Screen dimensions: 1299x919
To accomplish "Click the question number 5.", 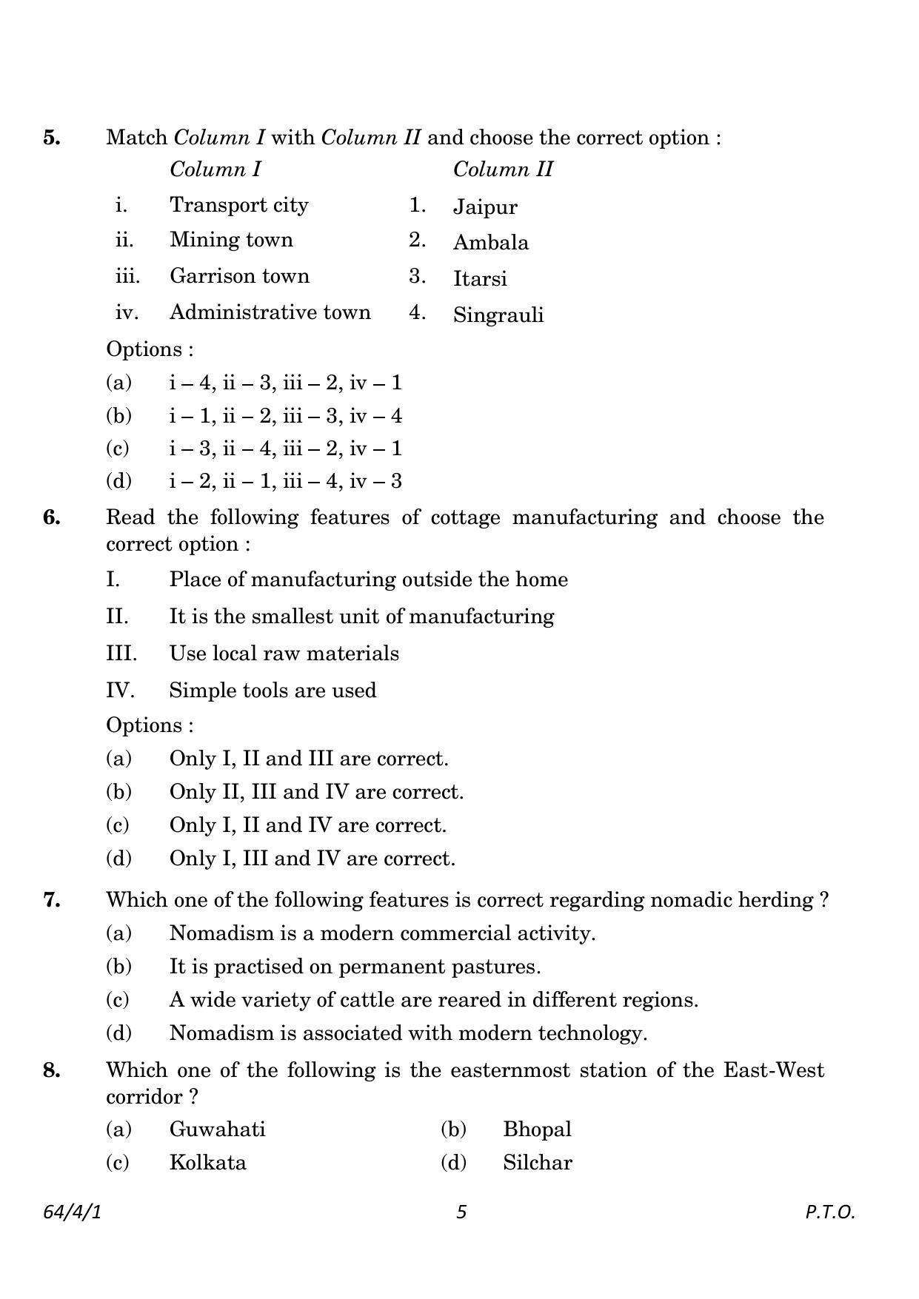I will tap(52, 138).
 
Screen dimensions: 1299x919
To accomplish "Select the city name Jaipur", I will tap(485, 207).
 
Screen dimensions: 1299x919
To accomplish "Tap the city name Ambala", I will tap(490, 243).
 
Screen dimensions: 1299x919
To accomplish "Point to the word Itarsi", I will tap(480, 279).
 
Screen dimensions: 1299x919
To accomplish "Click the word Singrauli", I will tap(498, 315).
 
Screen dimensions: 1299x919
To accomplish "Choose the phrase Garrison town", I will tap(239, 276).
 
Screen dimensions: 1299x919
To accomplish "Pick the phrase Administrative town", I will tap(270, 312).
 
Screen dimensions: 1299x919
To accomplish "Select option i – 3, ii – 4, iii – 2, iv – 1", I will tap(285, 449).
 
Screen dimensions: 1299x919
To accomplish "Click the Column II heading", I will tap(503, 169).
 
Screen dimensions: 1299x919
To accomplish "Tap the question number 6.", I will tap(52, 517).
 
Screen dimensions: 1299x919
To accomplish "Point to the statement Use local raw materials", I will tap(284, 654).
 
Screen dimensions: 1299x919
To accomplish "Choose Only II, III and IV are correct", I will tap(316, 792).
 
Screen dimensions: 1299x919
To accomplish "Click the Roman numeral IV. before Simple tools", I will tap(120, 691).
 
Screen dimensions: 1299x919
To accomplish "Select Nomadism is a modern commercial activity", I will tap(382, 933).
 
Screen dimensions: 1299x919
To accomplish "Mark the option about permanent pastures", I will tap(355, 967).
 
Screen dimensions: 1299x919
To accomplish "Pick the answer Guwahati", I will tap(217, 1130).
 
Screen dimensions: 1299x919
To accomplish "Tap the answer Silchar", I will tap(537, 1163).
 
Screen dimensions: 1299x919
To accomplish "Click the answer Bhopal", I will tap(537, 1130).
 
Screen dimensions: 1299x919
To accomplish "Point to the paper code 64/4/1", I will tap(72, 1212).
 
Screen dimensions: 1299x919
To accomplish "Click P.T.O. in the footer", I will tap(830, 1212).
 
